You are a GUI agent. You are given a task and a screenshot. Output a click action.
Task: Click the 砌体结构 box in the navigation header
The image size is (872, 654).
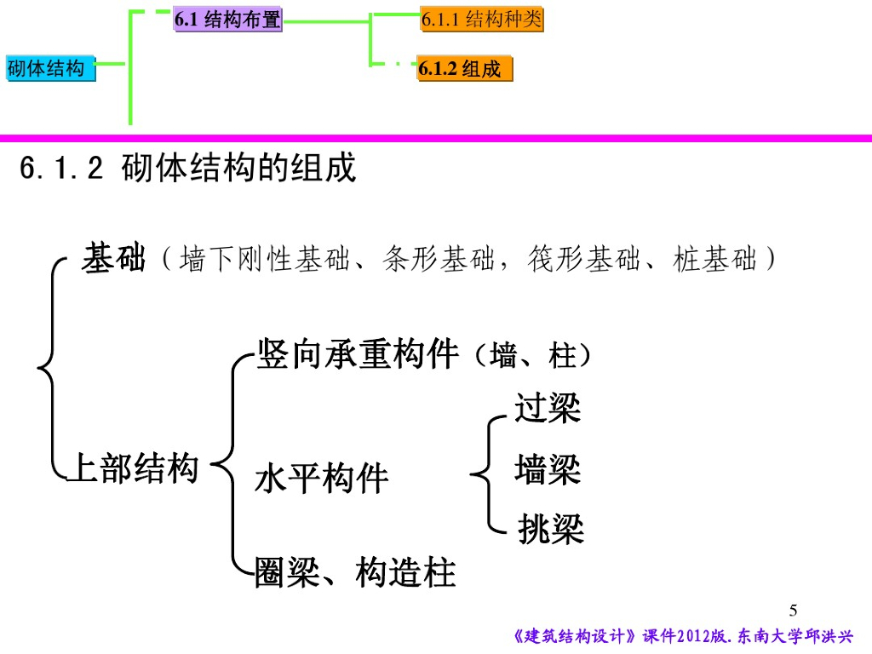50,69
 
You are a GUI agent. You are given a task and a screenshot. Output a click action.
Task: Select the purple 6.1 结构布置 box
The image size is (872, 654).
227,20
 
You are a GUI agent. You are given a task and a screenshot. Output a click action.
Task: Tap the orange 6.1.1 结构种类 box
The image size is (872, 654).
481,20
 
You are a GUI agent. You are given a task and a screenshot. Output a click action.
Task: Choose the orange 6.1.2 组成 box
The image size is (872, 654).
465,70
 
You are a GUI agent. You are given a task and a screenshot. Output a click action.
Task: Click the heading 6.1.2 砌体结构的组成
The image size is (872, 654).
187,169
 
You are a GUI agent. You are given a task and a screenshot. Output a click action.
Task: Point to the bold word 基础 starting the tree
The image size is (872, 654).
113,257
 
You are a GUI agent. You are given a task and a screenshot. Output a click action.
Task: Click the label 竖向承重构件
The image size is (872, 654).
358,354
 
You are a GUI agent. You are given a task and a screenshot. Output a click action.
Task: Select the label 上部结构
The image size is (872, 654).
132,468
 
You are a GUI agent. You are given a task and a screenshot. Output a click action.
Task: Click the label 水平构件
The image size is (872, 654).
321,479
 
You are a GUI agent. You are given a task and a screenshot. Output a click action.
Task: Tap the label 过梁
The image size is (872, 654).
548,409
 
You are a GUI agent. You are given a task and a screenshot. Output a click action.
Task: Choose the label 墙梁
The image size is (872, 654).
548,469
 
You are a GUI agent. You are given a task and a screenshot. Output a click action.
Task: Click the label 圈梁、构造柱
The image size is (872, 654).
356,573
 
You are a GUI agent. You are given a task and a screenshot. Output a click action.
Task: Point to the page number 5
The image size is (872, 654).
794,610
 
